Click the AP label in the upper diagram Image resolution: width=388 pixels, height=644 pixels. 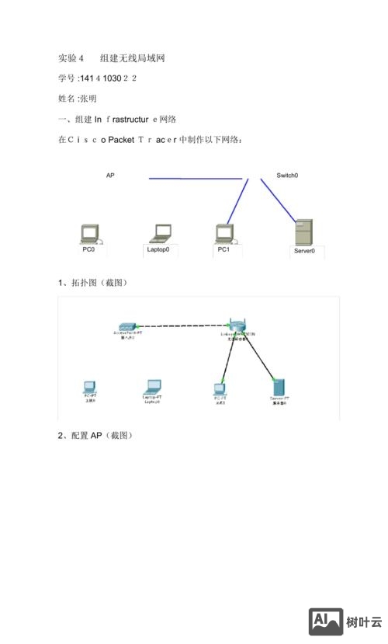[x=110, y=176]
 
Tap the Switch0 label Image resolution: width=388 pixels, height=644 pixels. [x=287, y=176]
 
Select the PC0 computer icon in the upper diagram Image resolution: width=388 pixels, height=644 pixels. [x=90, y=233]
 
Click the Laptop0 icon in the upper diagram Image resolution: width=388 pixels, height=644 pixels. [x=162, y=232]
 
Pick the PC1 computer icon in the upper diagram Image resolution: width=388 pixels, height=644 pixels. [x=224, y=232]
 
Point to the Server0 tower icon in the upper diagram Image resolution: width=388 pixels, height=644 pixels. [x=304, y=232]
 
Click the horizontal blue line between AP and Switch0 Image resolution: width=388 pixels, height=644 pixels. [x=194, y=179]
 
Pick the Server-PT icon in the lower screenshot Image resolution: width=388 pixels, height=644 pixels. [x=279, y=386]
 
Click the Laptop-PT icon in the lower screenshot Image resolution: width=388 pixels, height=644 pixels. [x=152, y=386]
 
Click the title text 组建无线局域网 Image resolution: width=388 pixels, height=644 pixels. [x=132, y=58]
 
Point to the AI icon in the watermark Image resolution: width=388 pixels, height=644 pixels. [x=326, y=621]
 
